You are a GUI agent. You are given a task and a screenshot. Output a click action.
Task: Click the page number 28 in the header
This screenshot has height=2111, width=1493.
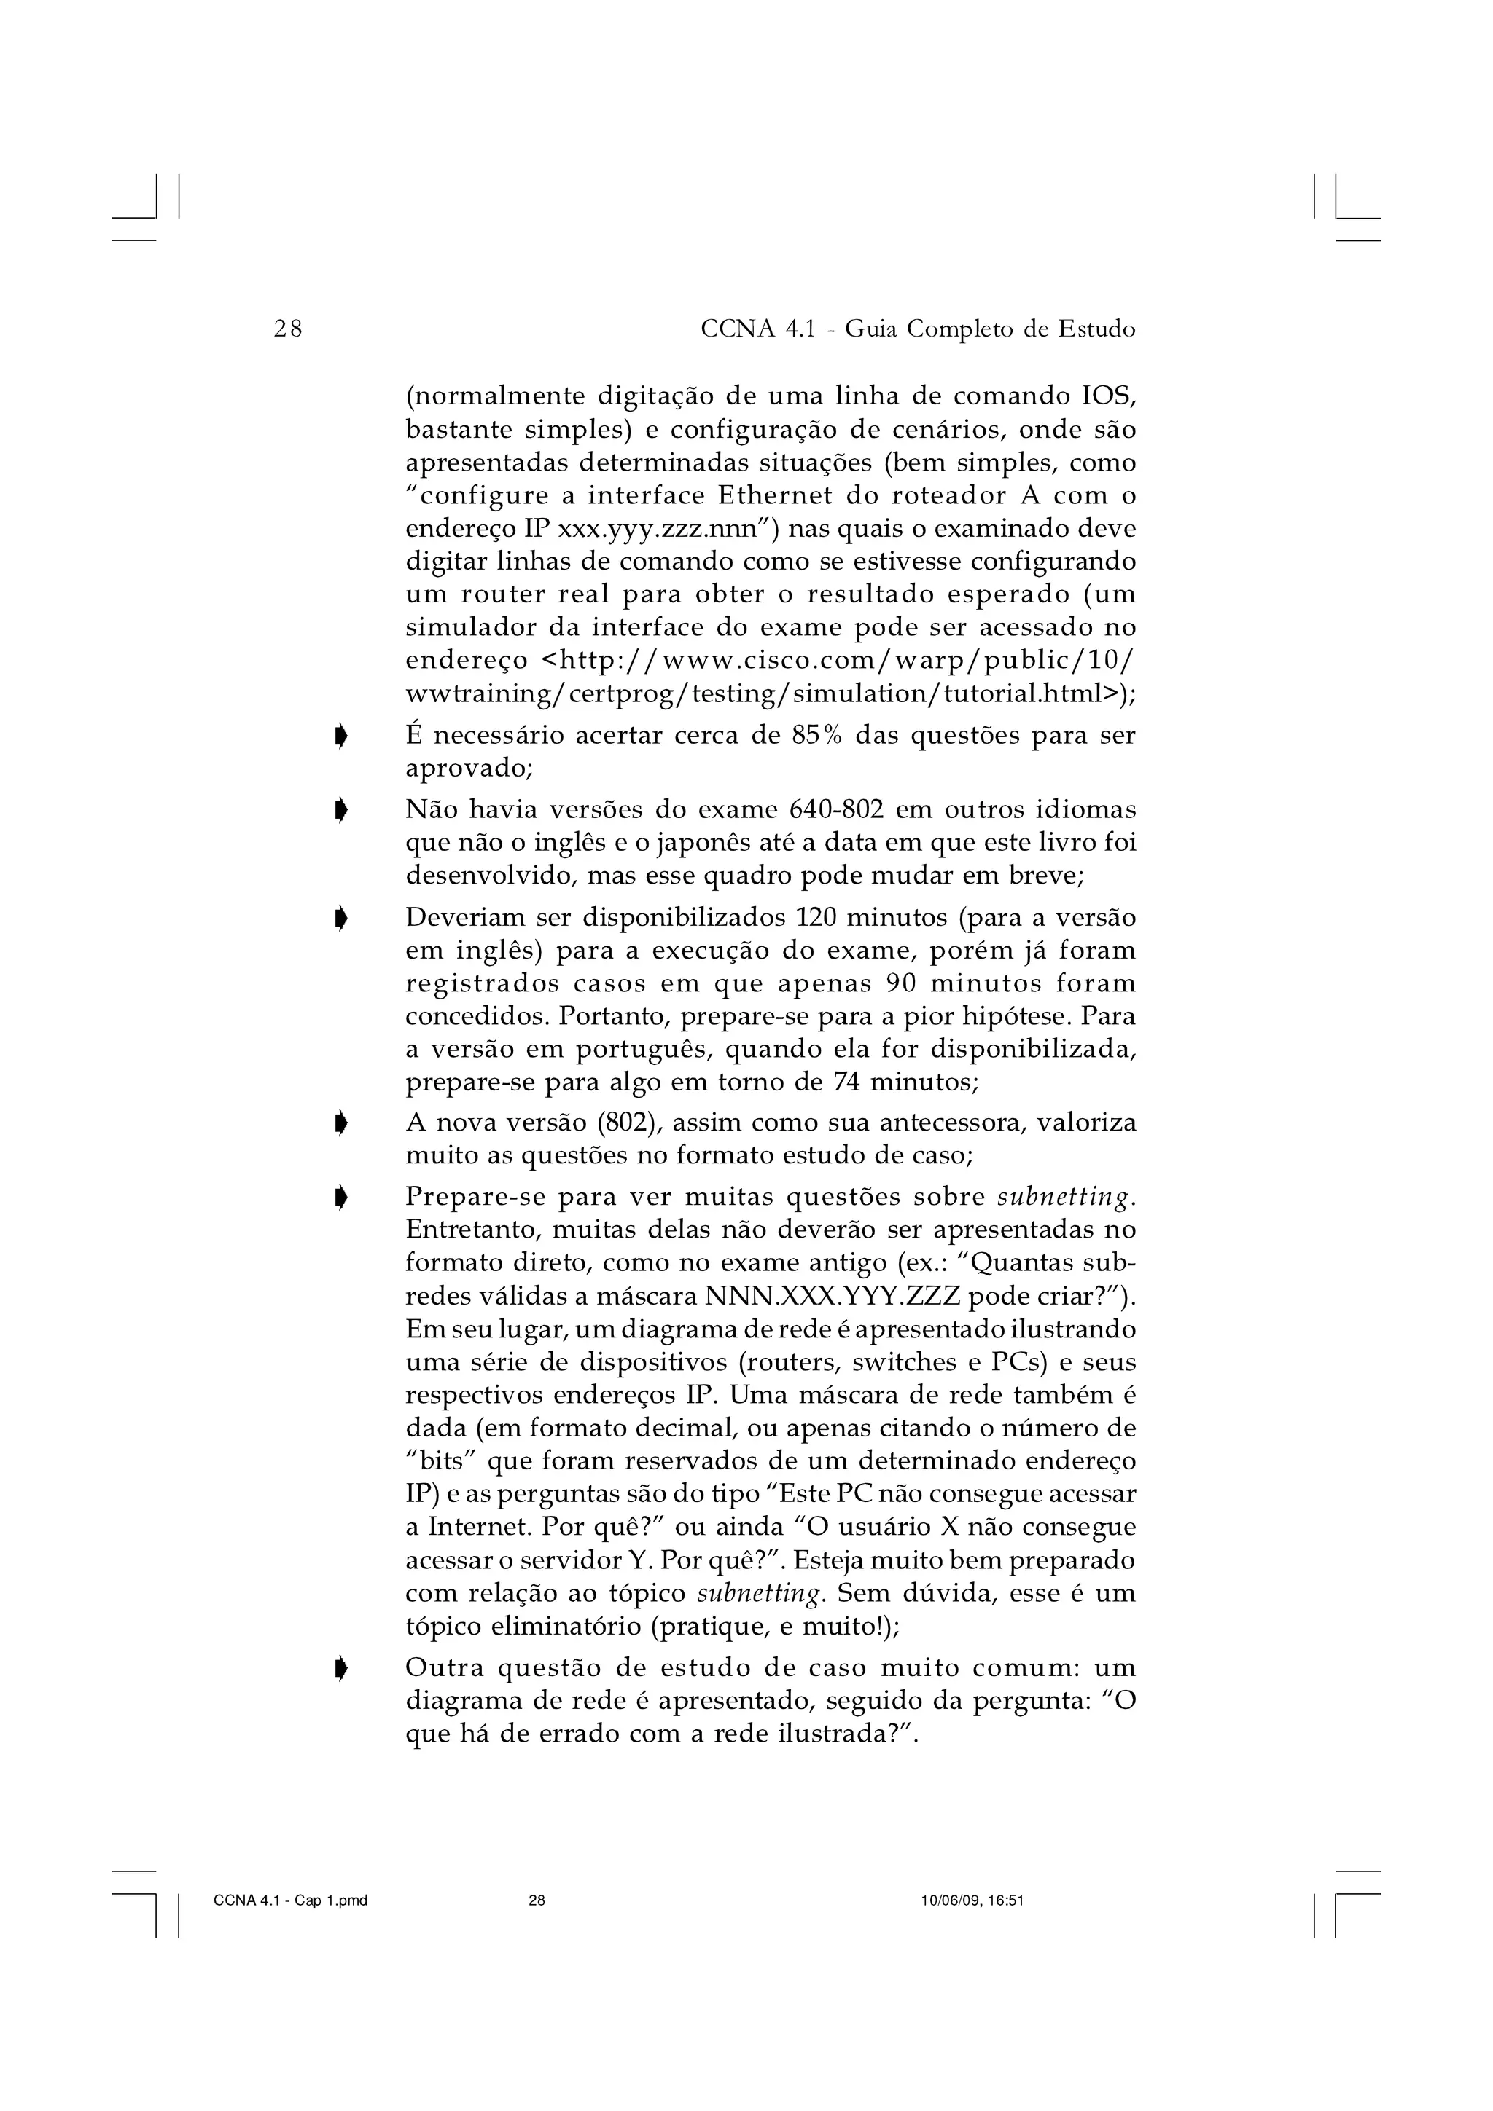coord(288,329)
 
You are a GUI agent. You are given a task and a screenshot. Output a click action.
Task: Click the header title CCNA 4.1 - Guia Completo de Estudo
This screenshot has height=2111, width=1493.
coord(917,329)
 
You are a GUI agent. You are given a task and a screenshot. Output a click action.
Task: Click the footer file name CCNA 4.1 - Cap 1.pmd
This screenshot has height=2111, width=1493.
coord(289,1901)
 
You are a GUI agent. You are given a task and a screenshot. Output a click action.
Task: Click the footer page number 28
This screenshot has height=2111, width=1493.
coord(537,1901)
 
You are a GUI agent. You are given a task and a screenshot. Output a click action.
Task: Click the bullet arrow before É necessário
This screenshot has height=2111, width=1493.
coord(341,736)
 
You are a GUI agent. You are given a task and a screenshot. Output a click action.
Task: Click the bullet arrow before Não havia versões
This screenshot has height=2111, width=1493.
coord(341,811)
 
